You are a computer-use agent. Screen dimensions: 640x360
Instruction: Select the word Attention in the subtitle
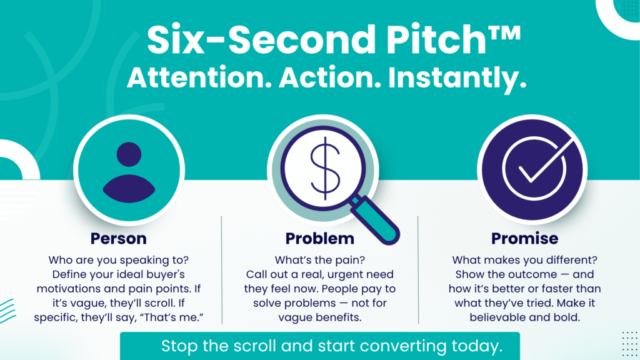coord(199,78)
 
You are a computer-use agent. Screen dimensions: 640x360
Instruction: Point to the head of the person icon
coord(129,154)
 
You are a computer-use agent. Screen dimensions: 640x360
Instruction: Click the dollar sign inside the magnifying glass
coord(325,168)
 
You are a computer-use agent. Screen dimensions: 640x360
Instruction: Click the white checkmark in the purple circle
coord(544,161)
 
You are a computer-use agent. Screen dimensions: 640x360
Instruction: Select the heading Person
coord(118,238)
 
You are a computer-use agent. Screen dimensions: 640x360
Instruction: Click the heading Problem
coord(319,238)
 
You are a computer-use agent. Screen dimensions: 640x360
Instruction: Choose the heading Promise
coord(524,238)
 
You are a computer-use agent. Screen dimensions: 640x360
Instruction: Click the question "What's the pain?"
coord(319,260)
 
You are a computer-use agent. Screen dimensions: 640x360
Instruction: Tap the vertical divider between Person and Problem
coord(222,270)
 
